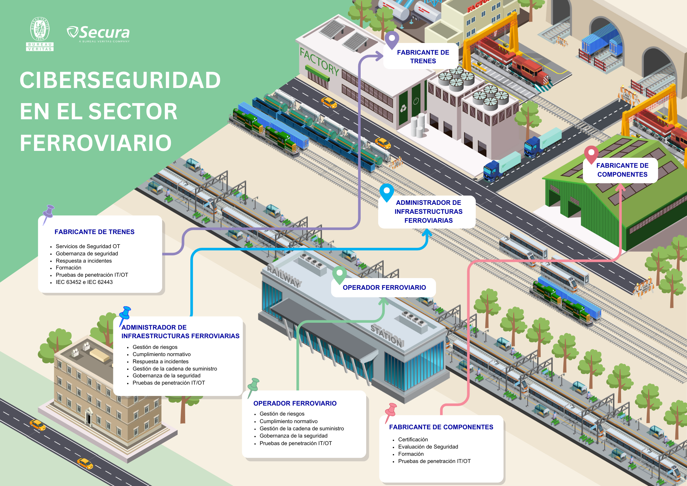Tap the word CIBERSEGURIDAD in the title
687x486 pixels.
120,80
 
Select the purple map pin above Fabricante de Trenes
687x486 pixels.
392,39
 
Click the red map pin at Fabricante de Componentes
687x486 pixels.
591,154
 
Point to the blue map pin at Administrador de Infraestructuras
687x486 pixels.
386,191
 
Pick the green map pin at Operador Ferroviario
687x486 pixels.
339,274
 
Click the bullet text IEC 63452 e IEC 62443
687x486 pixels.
84,282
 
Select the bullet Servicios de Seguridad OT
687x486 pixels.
88,246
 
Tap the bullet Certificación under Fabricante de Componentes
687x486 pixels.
413,440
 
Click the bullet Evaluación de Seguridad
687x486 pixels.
428,447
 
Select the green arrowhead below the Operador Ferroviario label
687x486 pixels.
384,302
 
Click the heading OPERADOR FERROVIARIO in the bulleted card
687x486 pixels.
295,404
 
